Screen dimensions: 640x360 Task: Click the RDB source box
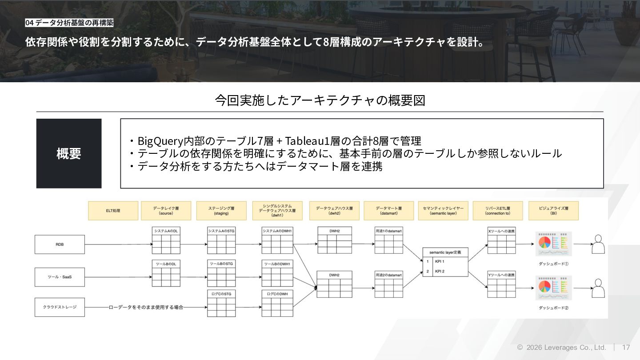[60, 244]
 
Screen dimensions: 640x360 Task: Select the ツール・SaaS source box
[60, 277]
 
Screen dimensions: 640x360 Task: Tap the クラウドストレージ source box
[60, 307]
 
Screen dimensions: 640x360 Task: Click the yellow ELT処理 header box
[113, 211]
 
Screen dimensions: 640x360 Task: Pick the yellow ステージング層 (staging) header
[221, 211]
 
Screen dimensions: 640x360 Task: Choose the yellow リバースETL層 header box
[497, 211]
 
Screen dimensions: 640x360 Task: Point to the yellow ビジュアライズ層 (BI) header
[553, 211]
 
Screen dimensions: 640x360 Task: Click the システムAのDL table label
[166, 231]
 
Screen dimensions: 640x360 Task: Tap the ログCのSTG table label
[221, 294]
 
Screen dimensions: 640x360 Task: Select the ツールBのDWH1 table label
[277, 264]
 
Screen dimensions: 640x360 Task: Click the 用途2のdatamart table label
[388, 275]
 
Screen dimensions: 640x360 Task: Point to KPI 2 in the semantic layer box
[440, 271]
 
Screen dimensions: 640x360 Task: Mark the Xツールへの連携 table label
[501, 231]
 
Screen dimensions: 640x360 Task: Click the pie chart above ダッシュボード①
[544, 242]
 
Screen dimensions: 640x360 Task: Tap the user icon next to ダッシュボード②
[599, 288]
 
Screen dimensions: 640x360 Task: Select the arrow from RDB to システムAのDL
[118, 244]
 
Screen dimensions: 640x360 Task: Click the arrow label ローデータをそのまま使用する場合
[146, 307]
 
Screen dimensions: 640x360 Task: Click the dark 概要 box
[69, 153]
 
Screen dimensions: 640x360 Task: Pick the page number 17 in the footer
[626, 347]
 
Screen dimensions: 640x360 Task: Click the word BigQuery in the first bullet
[157, 141]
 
